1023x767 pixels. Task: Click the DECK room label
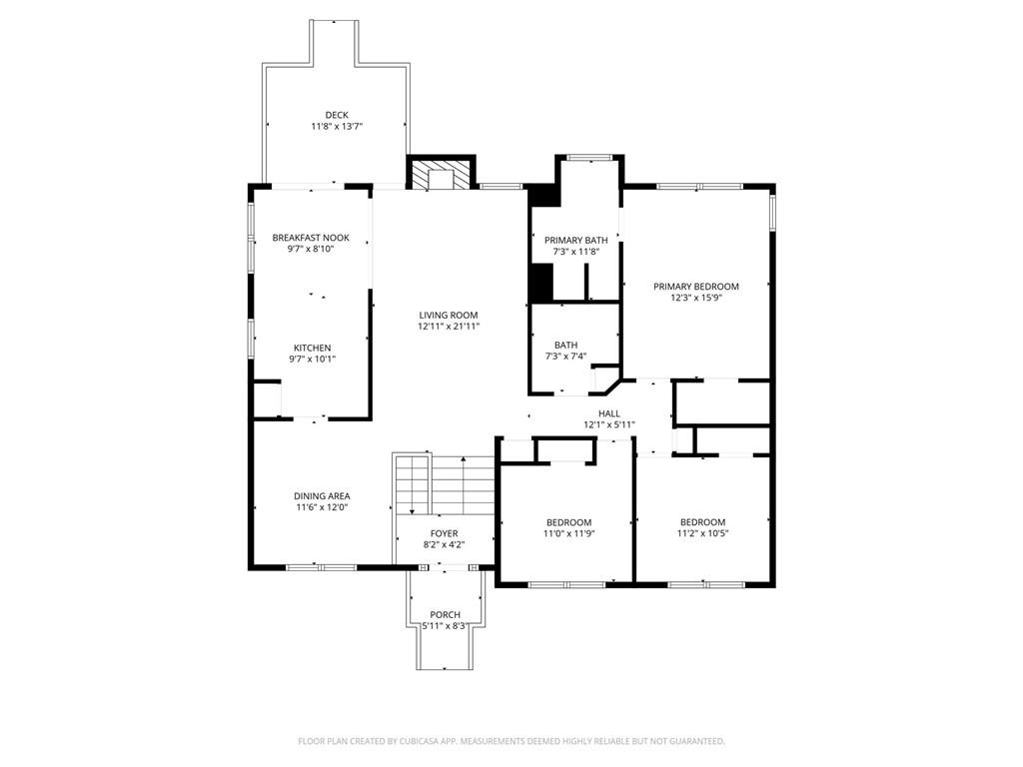point(336,115)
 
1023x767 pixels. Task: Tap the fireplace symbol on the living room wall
point(440,175)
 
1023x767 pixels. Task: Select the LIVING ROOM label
point(449,315)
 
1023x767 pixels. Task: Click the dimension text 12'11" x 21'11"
point(449,327)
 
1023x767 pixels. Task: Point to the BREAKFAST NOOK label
point(311,238)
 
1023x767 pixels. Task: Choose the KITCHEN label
point(312,348)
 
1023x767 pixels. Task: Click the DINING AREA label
point(322,496)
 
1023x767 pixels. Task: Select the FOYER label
point(445,533)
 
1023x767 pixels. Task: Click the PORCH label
point(445,614)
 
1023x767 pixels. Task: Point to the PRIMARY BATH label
point(575,241)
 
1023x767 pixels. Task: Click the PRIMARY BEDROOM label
point(696,287)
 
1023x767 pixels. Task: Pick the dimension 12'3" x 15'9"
point(696,298)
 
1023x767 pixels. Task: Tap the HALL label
point(609,413)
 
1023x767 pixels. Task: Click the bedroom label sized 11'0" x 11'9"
point(568,522)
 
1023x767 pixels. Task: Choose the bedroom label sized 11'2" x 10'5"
point(702,522)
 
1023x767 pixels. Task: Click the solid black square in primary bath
point(540,283)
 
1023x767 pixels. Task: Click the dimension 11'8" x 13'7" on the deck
point(336,127)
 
